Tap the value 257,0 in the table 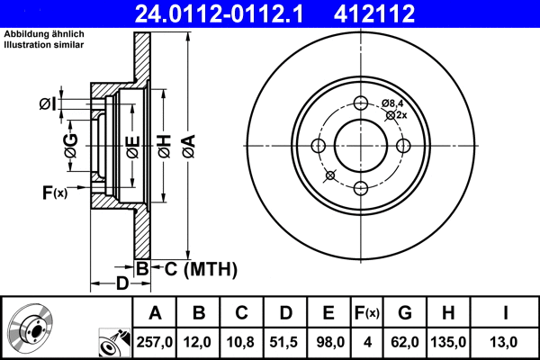[x=155, y=342]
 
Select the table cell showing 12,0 [x=199, y=342]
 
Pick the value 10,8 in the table [x=242, y=342]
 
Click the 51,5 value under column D [x=285, y=342]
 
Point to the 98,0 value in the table [x=328, y=342]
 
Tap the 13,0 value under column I [x=507, y=342]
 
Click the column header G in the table [x=405, y=313]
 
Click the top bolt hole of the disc [x=361, y=103]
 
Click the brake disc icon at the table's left [x=31, y=329]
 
